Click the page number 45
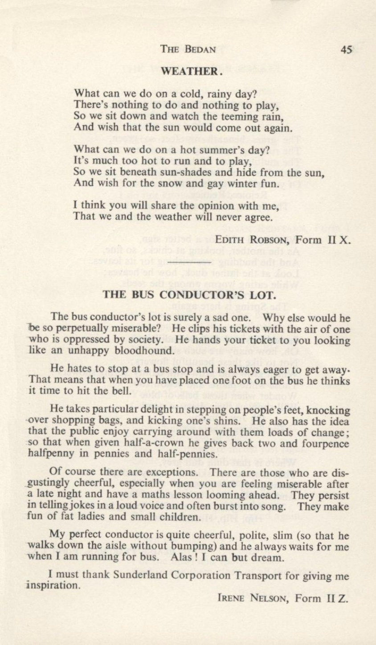pos(346,50)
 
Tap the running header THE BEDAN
pos(189,50)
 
